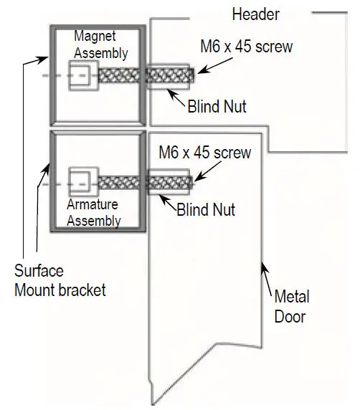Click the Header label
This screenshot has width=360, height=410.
pyautogui.click(x=255, y=14)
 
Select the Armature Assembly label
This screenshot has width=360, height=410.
pyautogui.click(x=94, y=213)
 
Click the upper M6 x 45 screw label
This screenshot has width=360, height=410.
pyautogui.click(x=246, y=48)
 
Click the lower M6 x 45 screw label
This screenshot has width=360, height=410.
pyautogui.click(x=205, y=153)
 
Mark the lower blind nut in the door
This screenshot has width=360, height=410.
pyautogui.click(x=169, y=183)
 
